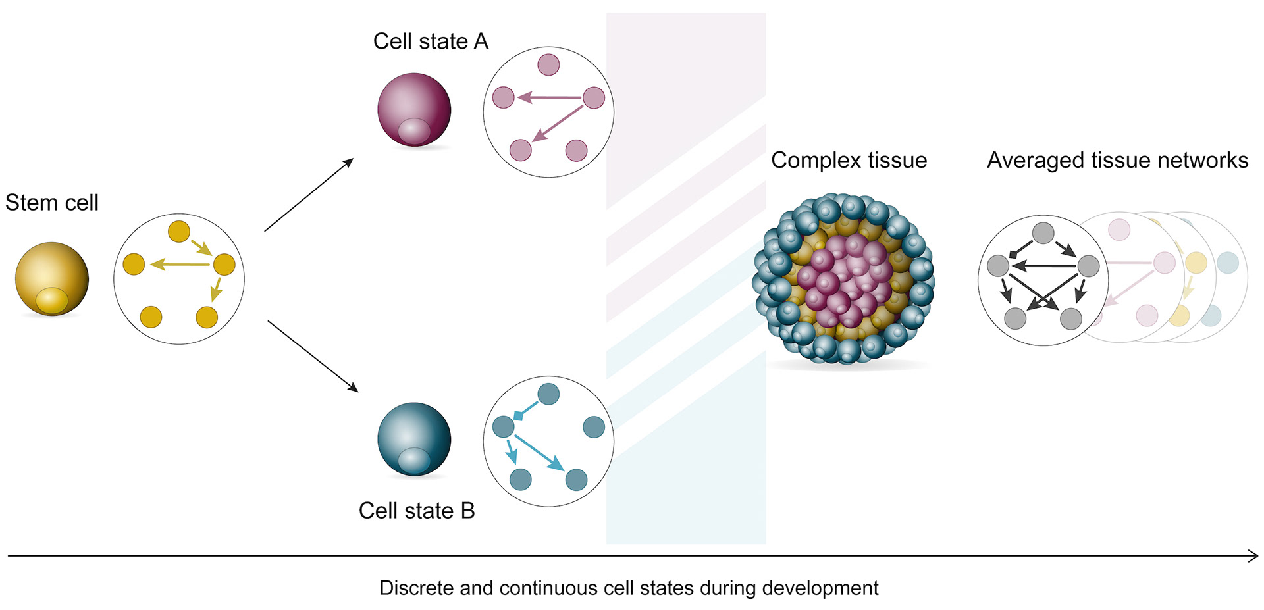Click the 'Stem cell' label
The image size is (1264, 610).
52,203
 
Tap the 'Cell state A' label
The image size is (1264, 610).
431,41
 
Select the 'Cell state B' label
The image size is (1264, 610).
417,511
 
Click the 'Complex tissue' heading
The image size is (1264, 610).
849,160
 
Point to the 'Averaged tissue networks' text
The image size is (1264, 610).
1117,160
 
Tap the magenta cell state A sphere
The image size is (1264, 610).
414,105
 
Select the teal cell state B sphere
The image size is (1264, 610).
414,436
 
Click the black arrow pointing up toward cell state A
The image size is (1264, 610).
309,195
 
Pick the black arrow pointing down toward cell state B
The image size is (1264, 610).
313,356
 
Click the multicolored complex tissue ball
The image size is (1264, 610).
843,279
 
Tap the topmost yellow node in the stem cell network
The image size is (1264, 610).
179,232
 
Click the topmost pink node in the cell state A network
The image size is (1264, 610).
548,64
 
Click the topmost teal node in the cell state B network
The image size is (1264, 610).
548,394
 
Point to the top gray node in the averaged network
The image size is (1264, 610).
1043,233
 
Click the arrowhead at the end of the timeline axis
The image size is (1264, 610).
1253,556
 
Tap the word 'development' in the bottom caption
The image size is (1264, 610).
830,588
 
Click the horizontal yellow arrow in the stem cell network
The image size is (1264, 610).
180,265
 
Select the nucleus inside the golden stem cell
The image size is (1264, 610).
52,300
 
